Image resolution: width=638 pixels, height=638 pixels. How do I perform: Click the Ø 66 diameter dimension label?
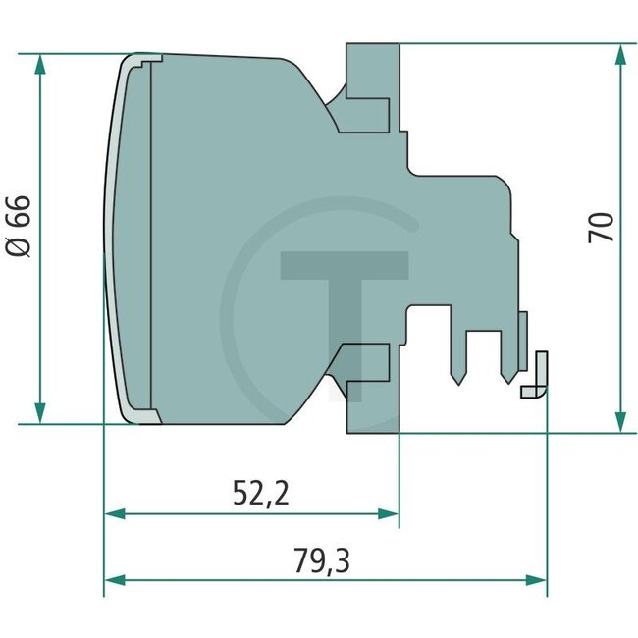tap(19, 226)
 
